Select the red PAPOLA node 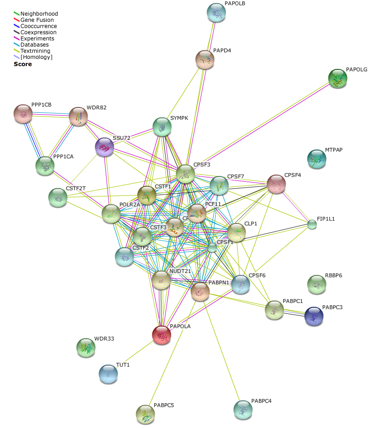point(162,335)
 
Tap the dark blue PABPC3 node point(314,316)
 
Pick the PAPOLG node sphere point(338,78)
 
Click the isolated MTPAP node point(317,159)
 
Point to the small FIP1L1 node point(312,224)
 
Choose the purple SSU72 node point(105,147)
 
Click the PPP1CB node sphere point(23,114)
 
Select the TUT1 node point(108,374)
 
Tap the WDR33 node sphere point(86,348)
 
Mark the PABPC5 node point(146,414)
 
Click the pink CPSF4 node point(276,184)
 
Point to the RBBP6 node point(317,284)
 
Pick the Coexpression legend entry point(38,32)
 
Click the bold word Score point(23,64)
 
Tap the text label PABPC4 point(261,401)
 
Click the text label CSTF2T point(76,188)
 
